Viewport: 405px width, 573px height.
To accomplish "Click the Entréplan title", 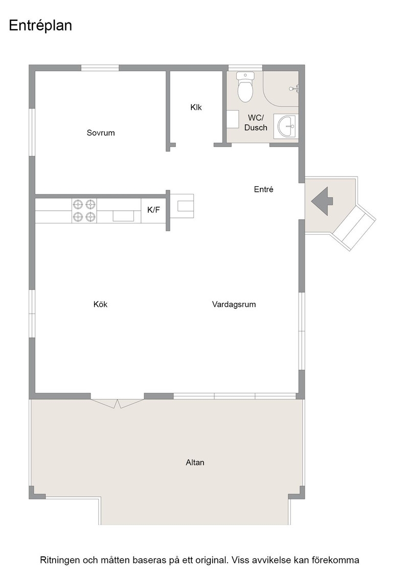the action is [x=40, y=26].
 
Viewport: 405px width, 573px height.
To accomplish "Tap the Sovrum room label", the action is [x=101, y=133].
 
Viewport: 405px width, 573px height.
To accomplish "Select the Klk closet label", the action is [x=196, y=107].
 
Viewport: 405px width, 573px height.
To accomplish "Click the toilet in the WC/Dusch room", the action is [x=245, y=87].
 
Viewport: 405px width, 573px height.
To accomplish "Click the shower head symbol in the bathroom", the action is [x=294, y=89].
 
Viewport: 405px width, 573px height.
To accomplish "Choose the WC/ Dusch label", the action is [x=256, y=123].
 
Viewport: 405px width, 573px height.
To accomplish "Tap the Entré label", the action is [x=264, y=189].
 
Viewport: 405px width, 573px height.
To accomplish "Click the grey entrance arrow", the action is [x=322, y=201].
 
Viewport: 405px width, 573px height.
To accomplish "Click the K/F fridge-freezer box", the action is [x=153, y=210].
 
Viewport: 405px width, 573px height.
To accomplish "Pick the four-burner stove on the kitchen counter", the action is [x=84, y=210].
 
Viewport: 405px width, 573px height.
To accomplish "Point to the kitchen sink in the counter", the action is [x=123, y=215].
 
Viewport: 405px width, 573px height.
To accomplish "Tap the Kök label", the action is [x=100, y=304].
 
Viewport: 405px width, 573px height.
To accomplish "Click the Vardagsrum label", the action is [x=234, y=304].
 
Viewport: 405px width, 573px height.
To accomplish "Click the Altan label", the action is [x=195, y=462].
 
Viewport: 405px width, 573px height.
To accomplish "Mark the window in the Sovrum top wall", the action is [x=100, y=68].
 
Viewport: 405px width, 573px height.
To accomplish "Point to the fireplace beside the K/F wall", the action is [x=182, y=206].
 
